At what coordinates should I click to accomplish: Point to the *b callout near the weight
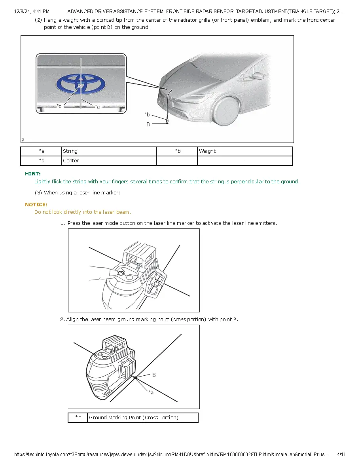coord(147,114)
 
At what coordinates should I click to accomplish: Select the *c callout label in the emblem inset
coord(59,106)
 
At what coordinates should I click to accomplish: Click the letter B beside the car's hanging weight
coord(148,124)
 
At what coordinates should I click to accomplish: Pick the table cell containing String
coord(109,151)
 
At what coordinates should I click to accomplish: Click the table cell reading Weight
coord(244,151)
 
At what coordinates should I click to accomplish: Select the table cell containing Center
coord(109,161)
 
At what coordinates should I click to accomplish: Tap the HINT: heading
coord(32,173)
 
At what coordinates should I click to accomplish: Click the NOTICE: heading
coord(36,204)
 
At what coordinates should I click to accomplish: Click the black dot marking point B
coord(135,378)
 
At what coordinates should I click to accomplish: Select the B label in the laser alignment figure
coord(154,375)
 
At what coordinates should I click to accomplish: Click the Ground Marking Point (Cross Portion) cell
coord(142,418)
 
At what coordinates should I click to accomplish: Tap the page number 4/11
coord(341,455)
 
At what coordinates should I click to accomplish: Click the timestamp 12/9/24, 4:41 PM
coord(32,11)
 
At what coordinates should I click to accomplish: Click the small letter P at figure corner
coord(23,140)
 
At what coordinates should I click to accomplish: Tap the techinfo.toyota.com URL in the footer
coord(171,455)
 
